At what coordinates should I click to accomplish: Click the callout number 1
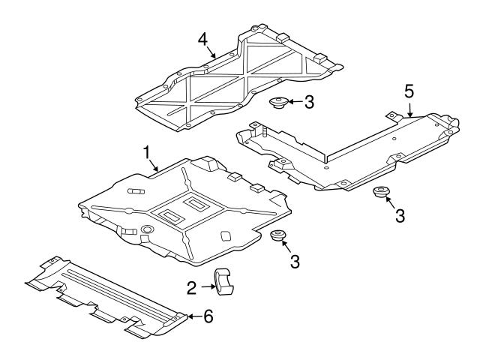(147, 152)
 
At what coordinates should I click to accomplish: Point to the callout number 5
(409, 91)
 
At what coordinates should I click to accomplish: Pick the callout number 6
(208, 316)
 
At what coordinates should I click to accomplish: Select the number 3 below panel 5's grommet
(400, 215)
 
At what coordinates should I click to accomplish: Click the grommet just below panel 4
(277, 103)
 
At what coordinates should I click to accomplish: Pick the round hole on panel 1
(147, 228)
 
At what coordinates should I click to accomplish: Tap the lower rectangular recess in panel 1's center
(168, 217)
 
